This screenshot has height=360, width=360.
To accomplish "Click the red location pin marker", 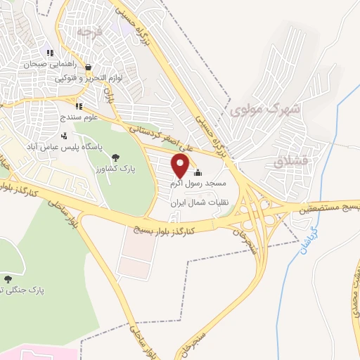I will [x=181, y=167].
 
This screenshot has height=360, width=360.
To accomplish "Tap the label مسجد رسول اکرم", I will [x=197, y=184].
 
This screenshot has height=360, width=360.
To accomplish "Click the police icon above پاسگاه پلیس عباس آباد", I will [x=65, y=136].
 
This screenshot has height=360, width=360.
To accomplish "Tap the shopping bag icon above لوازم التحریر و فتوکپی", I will [x=88, y=67].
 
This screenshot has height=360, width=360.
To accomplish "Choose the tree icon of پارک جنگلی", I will [x=8, y=279].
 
